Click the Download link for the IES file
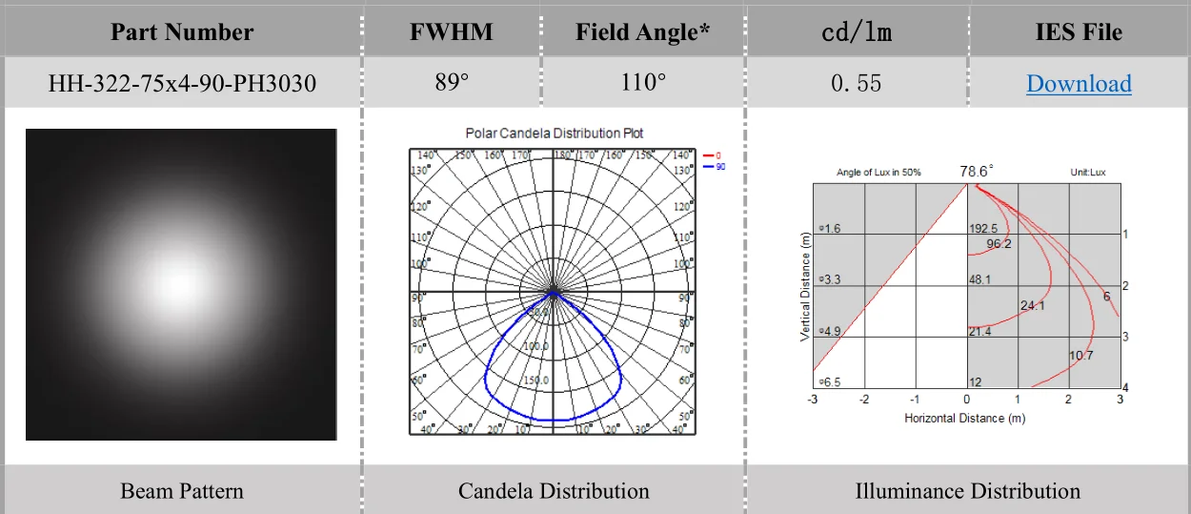(x=1079, y=84)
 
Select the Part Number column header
(x=182, y=32)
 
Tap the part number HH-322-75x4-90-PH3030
(x=182, y=84)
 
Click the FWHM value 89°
(x=452, y=83)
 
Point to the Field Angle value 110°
(x=643, y=83)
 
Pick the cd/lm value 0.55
(x=856, y=84)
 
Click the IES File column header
(x=1079, y=32)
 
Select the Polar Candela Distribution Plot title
(x=554, y=134)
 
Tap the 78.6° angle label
(x=977, y=171)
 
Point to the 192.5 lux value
(x=983, y=229)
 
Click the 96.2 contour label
(x=999, y=244)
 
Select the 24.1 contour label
(x=1032, y=306)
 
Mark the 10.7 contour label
(x=1080, y=356)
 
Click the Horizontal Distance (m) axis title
(x=964, y=419)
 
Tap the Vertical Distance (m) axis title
(x=805, y=286)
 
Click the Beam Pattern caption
(x=182, y=491)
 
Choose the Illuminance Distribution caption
(x=967, y=491)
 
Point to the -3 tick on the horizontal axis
(x=813, y=400)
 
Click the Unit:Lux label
(x=1088, y=173)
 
